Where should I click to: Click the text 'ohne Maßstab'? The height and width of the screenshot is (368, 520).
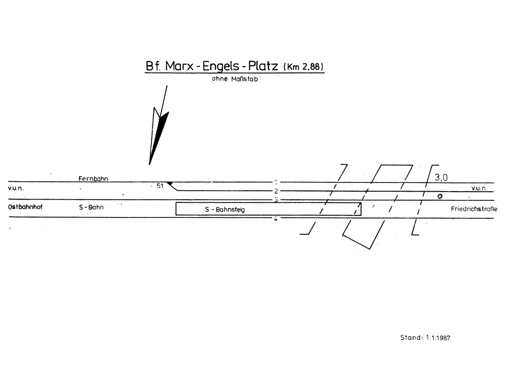pyautogui.click(x=235, y=79)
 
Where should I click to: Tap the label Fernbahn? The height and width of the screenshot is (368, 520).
pyautogui.click(x=93, y=178)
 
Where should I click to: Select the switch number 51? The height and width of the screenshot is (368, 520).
pyautogui.click(x=159, y=186)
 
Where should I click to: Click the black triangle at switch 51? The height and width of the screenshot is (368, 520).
pyautogui.click(x=170, y=183)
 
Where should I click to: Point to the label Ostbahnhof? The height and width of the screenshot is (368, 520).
pyautogui.click(x=22, y=207)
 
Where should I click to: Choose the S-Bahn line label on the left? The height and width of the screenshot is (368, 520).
pyautogui.click(x=91, y=207)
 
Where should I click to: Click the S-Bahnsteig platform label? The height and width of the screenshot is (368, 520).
pyautogui.click(x=225, y=209)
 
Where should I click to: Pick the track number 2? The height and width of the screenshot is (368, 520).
pyautogui.click(x=276, y=191)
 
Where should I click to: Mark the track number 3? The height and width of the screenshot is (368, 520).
pyautogui.click(x=276, y=200)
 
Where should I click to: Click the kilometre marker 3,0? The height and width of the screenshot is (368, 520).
pyautogui.click(x=441, y=177)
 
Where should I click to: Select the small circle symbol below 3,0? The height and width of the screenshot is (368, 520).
pyautogui.click(x=440, y=196)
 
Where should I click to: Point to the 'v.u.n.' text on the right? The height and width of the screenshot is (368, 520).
pyautogui.click(x=479, y=188)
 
